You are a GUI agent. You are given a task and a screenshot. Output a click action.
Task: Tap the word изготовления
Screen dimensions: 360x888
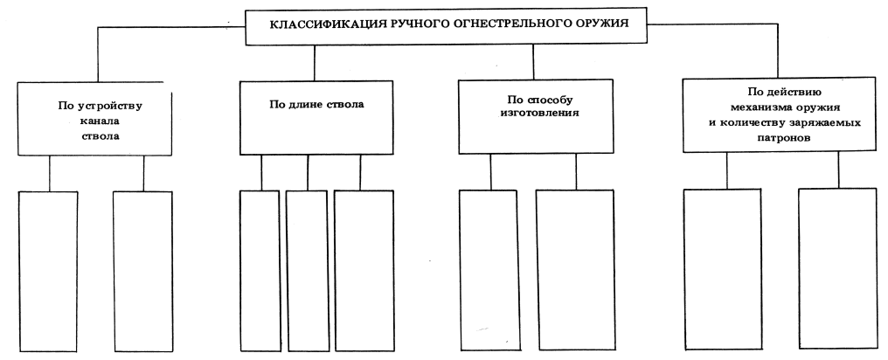click(532, 114)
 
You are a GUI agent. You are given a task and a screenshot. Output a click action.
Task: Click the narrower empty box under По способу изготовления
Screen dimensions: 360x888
click(490, 271)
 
